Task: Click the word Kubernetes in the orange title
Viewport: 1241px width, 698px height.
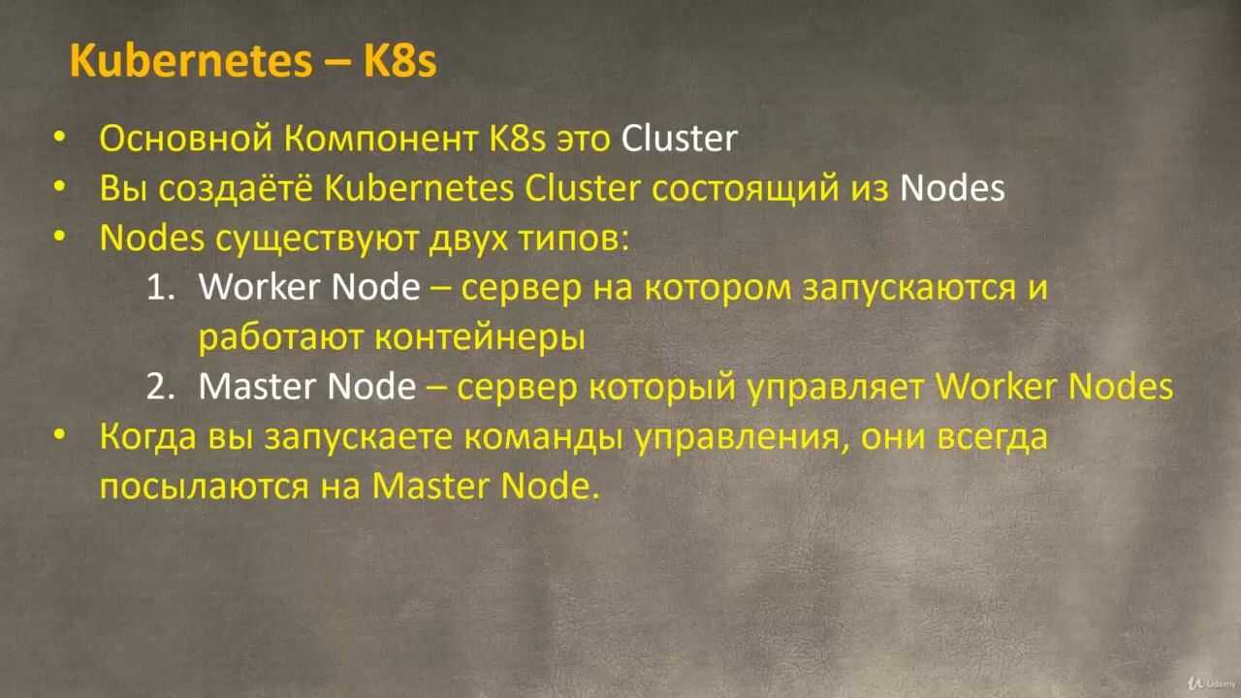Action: pyautogui.click(x=191, y=60)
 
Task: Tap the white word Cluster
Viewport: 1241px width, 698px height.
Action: pyautogui.click(x=680, y=139)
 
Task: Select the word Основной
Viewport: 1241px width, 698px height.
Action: pyautogui.click(x=186, y=139)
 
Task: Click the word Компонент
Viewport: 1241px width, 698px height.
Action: pyautogui.click(x=381, y=140)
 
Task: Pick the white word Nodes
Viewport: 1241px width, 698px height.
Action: pyautogui.click(x=952, y=188)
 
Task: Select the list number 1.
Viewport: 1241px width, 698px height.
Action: pyautogui.click(x=161, y=288)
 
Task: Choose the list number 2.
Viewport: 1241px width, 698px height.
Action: pyautogui.click(x=161, y=387)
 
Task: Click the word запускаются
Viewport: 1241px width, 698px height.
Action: pyautogui.click(x=909, y=289)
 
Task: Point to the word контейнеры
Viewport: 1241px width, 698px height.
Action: pyautogui.click(x=480, y=338)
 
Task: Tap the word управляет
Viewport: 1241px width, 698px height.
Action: pyautogui.click(x=836, y=388)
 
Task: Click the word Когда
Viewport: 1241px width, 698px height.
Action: pyautogui.click(x=148, y=437)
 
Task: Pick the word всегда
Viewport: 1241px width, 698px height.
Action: pyautogui.click(x=993, y=437)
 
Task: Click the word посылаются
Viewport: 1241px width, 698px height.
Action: pyautogui.click(x=205, y=488)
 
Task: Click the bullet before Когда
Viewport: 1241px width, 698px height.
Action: pyautogui.click(x=60, y=436)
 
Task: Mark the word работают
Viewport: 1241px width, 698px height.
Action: pyautogui.click(x=281, y=338)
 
